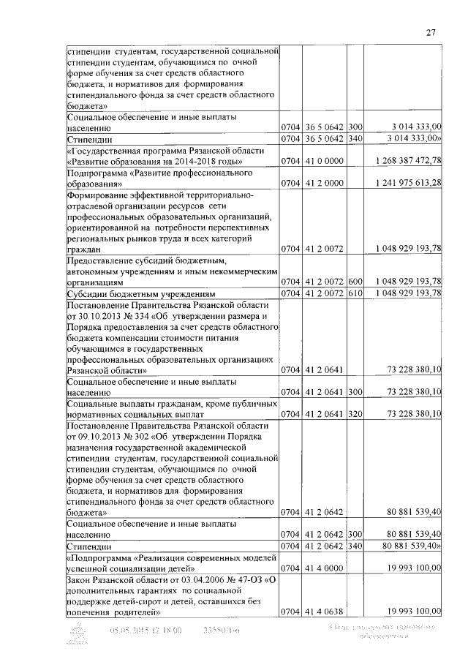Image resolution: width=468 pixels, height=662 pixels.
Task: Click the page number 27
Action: pyautogui.click(x=431, y=32)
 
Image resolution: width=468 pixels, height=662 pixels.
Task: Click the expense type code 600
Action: pyautogui.click(x=356, y=282)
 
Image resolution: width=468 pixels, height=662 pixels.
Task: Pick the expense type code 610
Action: pyautogui.click(x=356, y=293)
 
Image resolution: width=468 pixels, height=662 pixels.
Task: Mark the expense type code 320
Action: pyautogui.click(x=356, y=414)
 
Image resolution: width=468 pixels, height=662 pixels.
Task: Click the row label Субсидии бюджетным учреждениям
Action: pyautogui.click(x=132, y=293)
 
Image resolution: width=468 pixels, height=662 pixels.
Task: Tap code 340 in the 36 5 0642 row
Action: pyautogui.click(x=356, y=138)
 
